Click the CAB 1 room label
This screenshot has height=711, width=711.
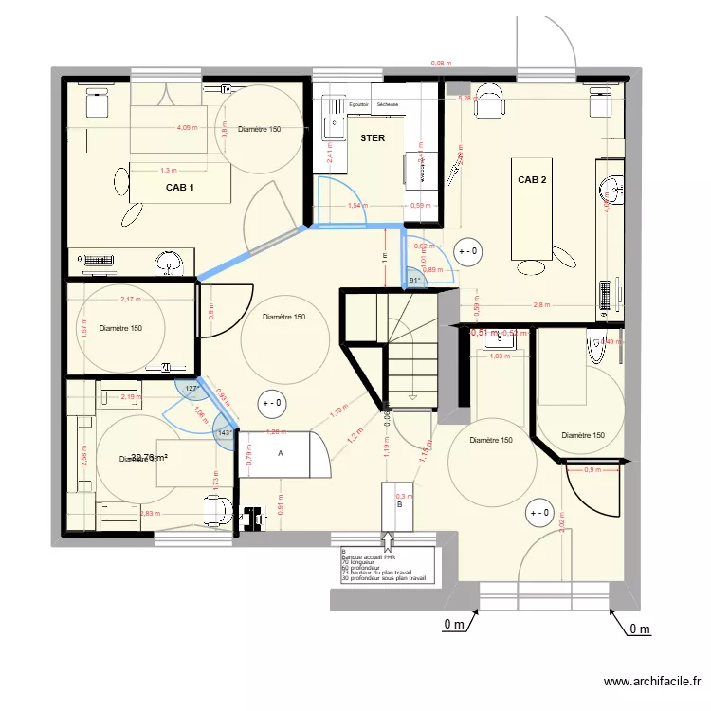[x=180, y=188]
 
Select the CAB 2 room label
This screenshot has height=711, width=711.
[x=532, y=179]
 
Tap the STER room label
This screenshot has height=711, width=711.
[x=373, y=138]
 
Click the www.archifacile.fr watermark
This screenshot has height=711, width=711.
[x=655, y=682]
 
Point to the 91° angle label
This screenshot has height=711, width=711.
[x=414, y=280]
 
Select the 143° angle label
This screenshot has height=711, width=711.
[x=225, y=433]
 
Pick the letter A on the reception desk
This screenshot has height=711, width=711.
[x=280, y=454]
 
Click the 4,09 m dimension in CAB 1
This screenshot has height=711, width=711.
[x=189, y=128]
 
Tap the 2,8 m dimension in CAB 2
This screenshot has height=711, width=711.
[x=541, y=305]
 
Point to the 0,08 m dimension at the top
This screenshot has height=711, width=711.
[x=440, y=64]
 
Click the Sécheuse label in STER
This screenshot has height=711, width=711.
[x=388, y=104]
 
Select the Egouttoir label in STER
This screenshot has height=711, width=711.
[x=358, y=104]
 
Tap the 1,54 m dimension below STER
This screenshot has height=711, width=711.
[x=357, y=205]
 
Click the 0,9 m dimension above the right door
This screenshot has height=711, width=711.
[x=592, y=470]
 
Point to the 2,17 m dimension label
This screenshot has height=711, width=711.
[x=130, y=300]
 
